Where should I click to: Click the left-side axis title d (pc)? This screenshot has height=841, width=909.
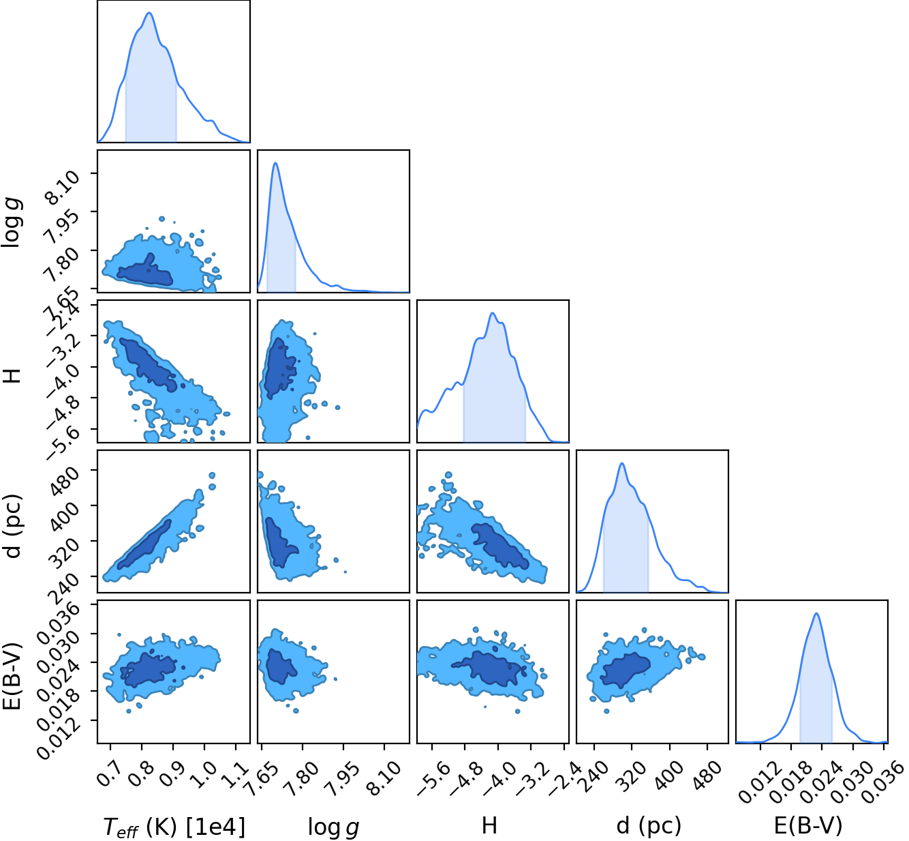[x=13, y=526]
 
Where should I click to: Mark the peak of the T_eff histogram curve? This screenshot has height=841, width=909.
[x=149, y=12]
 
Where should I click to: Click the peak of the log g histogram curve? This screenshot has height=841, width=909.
[x=275, y=163]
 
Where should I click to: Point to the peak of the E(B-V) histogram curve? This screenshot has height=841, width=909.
[x=816, y=613]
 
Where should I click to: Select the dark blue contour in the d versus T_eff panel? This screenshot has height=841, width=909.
[x=144, y=545]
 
